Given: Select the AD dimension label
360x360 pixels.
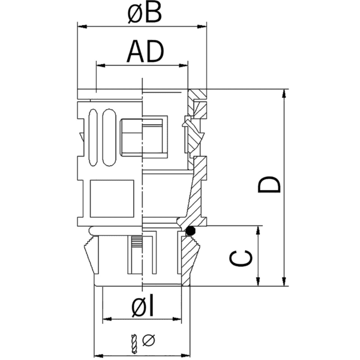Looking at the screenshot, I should click(144, 53).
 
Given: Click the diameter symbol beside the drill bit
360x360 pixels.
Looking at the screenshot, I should click(149, 341).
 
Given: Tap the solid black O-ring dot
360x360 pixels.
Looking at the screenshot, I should click(191, 230).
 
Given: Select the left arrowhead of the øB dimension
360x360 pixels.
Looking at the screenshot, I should click(83, 26).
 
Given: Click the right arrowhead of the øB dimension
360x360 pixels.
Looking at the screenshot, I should click(203, 26).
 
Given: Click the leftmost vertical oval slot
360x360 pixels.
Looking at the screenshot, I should click(94, 137).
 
